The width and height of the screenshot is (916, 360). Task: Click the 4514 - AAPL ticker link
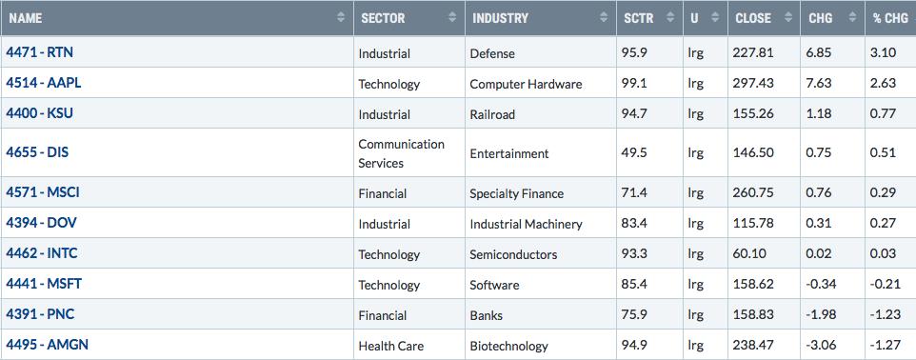(x=44, y=83)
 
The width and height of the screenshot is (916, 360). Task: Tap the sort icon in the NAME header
(x=341, y=17)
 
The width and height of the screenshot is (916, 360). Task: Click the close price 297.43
(x=753, y=84)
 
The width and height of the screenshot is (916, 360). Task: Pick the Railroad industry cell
(x=492, y=114)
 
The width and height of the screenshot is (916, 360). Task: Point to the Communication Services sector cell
(x=401, y=153)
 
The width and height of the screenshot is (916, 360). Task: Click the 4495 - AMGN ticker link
(x=48, y=344)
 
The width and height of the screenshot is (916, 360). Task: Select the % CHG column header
(x=890, y=18)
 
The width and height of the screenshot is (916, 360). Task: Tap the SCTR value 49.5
(x=634, y=153)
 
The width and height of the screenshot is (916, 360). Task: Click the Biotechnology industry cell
(x=508, y=346)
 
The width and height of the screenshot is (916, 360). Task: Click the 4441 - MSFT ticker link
(x=44, y=284)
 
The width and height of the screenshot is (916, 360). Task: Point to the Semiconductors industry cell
(x=513, y=255)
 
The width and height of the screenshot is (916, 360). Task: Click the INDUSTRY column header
(x=500, y=18)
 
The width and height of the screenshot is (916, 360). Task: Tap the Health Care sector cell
(x=390, y=346)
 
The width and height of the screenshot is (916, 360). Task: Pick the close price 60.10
(x=749, y=254)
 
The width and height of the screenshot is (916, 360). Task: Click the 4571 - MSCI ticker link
(x=43, y=192)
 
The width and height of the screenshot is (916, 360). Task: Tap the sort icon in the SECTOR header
(x=452, y=17)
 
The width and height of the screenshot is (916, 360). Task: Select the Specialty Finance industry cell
(x=516, y=194)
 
